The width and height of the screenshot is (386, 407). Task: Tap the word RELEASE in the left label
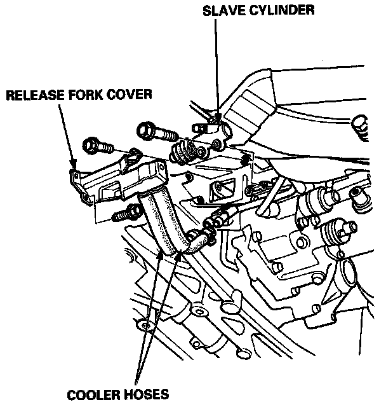tap(32, 96)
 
